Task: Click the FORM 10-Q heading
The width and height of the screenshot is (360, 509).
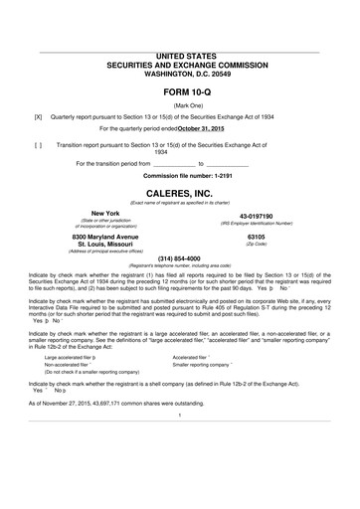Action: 179,89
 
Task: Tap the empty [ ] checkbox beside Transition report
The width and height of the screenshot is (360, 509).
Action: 38,145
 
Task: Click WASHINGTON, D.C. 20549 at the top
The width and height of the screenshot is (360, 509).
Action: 179,73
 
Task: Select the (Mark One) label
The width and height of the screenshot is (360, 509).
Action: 179,103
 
